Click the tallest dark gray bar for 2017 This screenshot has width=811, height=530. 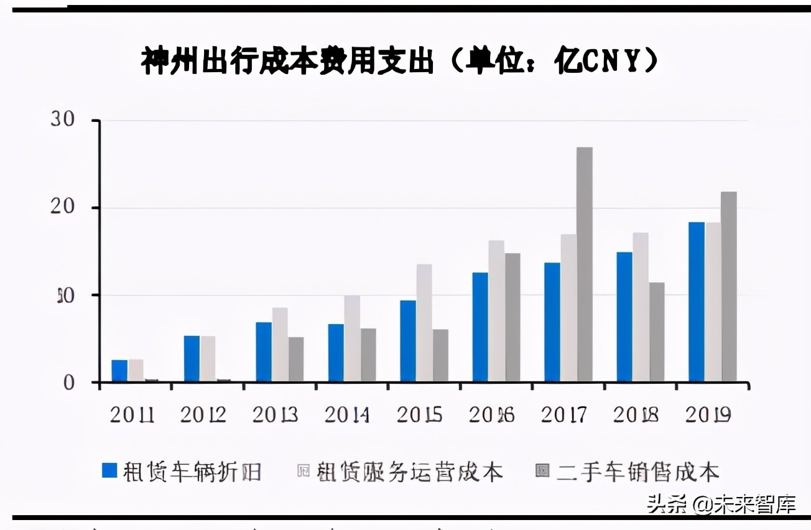[x=584, y=264]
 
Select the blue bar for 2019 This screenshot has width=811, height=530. [x=696, y=302]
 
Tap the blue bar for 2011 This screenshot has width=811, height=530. [x=119, y=371]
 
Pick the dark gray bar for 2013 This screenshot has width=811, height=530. [x=296, y=359]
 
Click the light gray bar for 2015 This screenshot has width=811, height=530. [x=424, y=323]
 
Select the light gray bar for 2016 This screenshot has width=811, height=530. [x=496, y=310]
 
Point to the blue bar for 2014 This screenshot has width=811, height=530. [x=336, y=353]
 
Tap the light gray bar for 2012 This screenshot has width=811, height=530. [x=208, y=358]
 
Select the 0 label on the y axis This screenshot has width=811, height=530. [x=68, y=383]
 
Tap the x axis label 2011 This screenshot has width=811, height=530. [x=132, y=415]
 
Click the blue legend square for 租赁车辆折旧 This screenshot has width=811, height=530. [x=109, y=471]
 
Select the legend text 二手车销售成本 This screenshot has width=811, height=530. [x=637, y=472]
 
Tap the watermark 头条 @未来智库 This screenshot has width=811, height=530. [x=721, y=504]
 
